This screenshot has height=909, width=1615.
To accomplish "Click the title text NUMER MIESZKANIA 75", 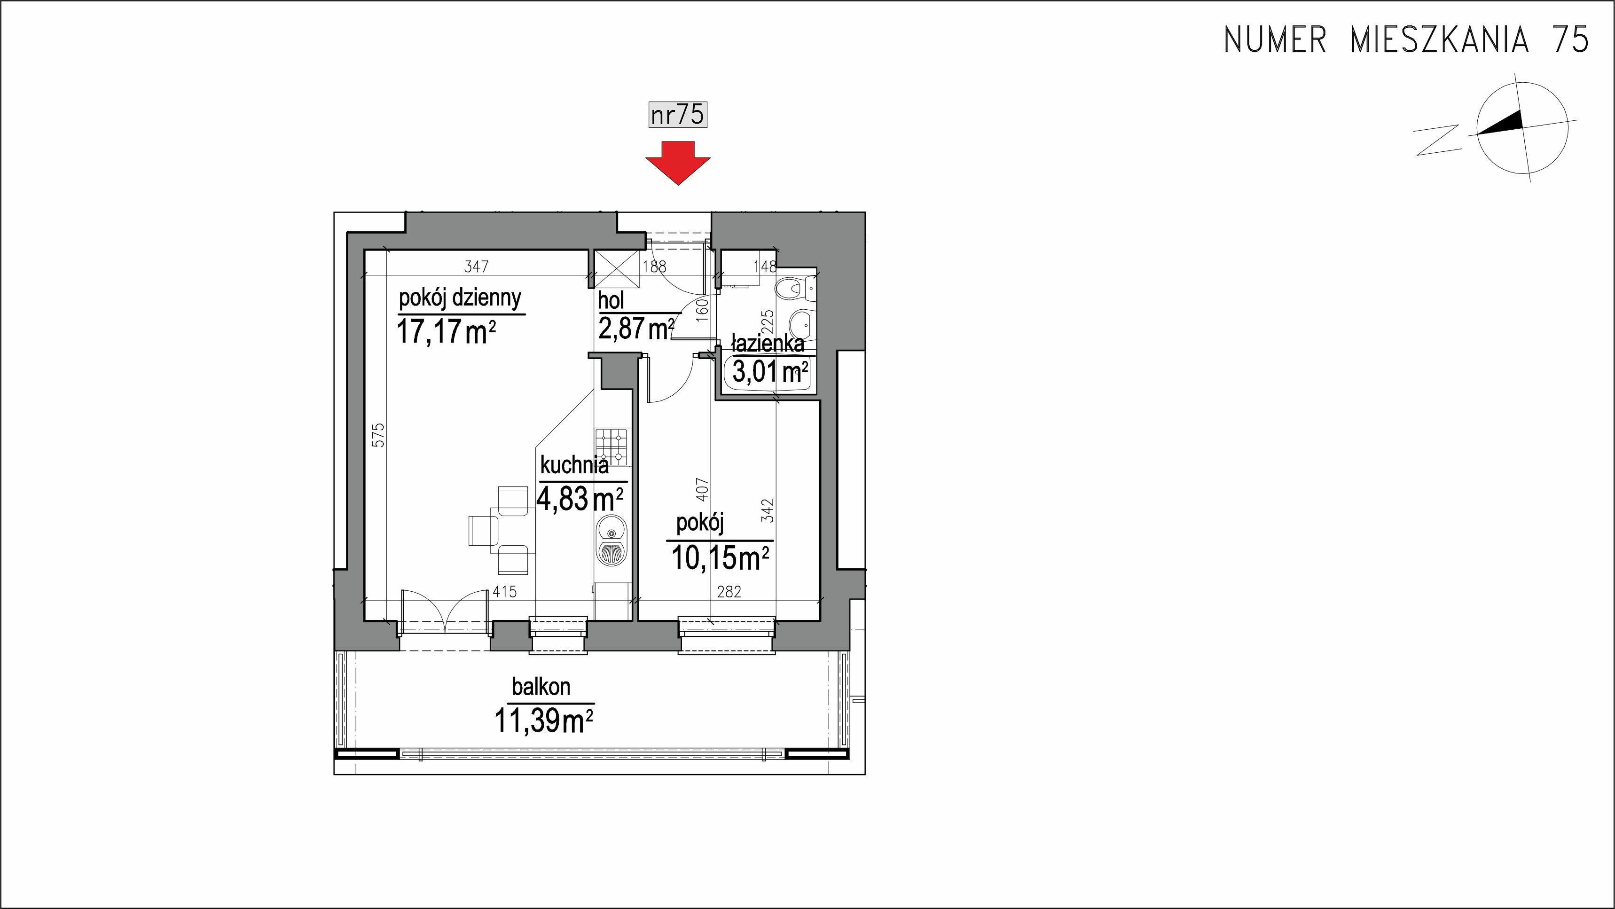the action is [1407, 40].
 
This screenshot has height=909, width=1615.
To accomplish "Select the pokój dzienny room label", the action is [460, 298].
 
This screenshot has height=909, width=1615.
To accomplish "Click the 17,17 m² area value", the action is [447, 331].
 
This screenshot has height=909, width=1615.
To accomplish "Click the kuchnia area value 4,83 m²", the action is [580, 499].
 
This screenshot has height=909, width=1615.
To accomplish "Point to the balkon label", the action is [541, 687].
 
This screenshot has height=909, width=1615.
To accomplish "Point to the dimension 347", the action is [477, 266].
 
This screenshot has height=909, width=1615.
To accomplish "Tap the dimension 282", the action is [729, 591].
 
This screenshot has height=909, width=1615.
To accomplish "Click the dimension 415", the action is [505, 591].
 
